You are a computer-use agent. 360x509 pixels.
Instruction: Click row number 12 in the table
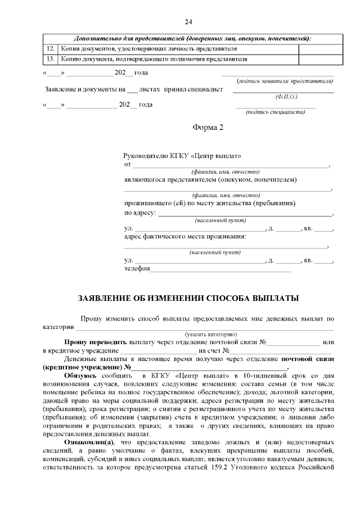point(49,49)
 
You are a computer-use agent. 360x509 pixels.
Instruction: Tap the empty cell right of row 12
point(320,49)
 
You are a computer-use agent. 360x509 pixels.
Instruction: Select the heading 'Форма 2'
point(208,127)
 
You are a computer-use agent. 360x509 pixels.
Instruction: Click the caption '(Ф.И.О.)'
point(286,97)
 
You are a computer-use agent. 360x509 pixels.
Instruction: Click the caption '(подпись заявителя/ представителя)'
point(285,82)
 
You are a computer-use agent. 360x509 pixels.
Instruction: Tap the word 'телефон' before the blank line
point(137,269)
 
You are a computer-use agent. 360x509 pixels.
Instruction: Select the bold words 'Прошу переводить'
point(96,342)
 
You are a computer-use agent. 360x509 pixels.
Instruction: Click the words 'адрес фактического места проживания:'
point(185,237)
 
